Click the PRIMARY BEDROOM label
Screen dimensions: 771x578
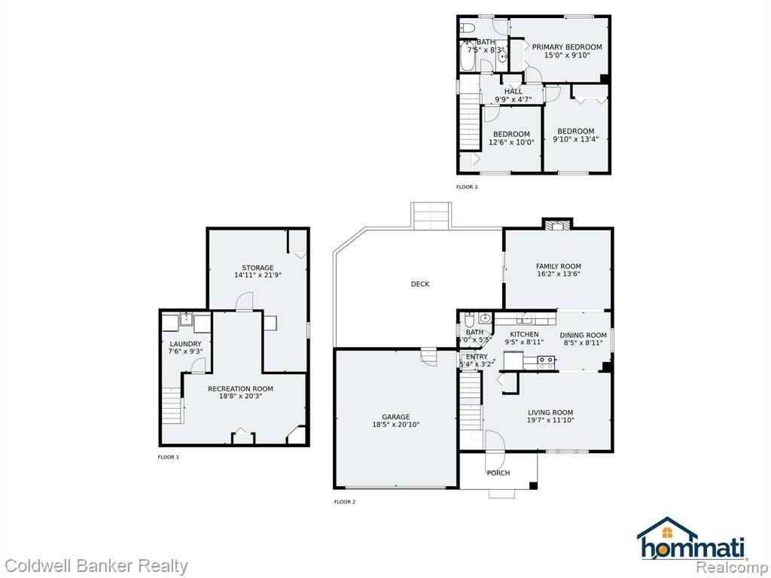pyautogui.click(x=567, y=47)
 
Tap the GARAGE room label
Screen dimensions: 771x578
pyautogui.click(x=396, y=417)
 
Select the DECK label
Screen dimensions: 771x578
pyautogui.click(x=420, y=284)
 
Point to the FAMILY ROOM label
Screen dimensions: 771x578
pyautogui.click(x=559, y=266)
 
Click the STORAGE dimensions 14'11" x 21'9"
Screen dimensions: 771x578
pyautogui.click(x=258, y=275)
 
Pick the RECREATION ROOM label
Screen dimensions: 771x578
pyautogui.click(x=240, y=389)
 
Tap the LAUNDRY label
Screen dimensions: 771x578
pyautogui.click(x=185, y=344)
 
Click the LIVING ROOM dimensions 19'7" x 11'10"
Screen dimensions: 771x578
pyautogui.click(x=550, y=420)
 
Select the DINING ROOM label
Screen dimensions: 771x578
pyautogui.click(x=584, y=335)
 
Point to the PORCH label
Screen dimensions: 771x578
pyautogui.click(x=498, y=473)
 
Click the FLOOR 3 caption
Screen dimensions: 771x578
pyautogui.click(x=467, y=187)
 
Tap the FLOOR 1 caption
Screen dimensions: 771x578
pyautogui.click(x=168, y=457)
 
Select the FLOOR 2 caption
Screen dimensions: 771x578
pyautogui.click(x=345, y=502)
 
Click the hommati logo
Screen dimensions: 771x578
pyautogui.click(x=692, y=539)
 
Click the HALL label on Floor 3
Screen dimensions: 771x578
pyautogui.click(x=513, y=91)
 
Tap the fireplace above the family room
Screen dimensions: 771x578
pyautogui.click(x=557, y=224)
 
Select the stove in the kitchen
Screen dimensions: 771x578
pyautogui.click(x=545, y=363)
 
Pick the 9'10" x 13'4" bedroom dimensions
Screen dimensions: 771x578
pyautogui.click(x=576, y=139)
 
